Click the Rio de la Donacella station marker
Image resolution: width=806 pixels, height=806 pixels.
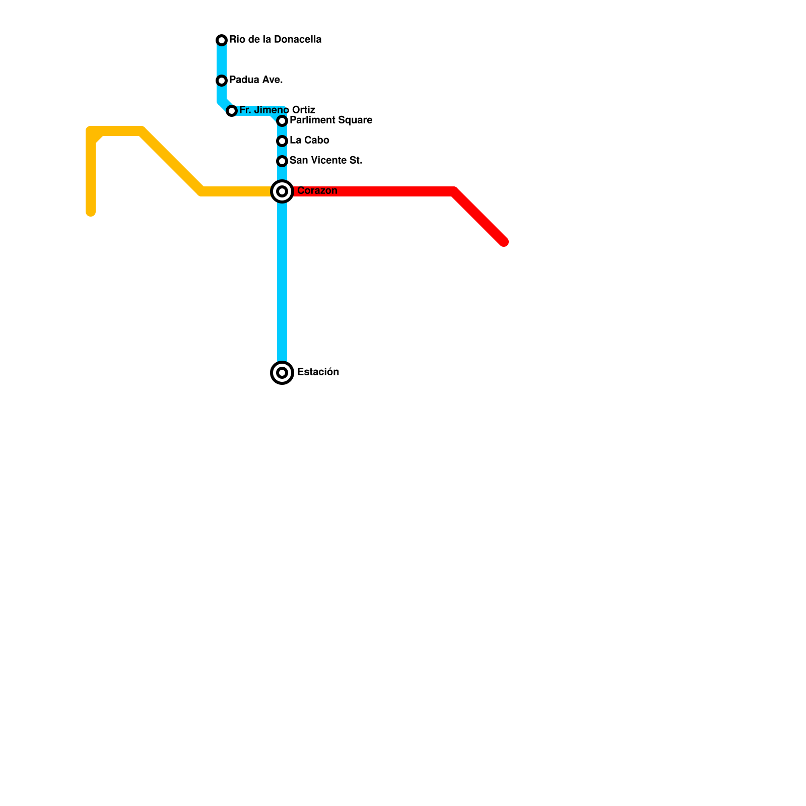click(222, 40)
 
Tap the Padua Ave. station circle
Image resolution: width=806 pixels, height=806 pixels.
click(222, 81)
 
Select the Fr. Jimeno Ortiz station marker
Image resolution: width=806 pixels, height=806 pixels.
click(232, 111)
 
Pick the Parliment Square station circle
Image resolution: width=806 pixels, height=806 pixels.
click(282, 121)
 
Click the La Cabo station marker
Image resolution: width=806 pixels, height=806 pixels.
click(282, 141)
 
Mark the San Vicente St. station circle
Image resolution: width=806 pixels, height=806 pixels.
click(282, 161)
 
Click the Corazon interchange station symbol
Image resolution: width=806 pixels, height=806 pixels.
click(282, 191)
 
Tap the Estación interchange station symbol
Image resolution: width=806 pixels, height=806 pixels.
click(282, 373)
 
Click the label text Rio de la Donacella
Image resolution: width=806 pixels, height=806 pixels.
click(275, 39)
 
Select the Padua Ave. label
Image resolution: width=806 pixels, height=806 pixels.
click(256, 80)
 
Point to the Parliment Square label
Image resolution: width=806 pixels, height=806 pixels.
click(330, 120)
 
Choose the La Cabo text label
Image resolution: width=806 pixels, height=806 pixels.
click(309, 140)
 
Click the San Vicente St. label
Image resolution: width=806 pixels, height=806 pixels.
click(326, 160)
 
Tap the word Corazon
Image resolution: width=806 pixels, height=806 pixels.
click(317, 190)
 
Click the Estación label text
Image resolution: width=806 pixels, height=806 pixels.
click(318, 372)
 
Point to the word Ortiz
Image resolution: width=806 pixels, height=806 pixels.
click(303, 110)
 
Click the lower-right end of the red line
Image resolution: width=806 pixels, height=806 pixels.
click(504, 242)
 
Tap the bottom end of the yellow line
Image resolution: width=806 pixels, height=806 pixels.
click(91, 212)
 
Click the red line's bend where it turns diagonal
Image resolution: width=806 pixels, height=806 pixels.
click(454, 192)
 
